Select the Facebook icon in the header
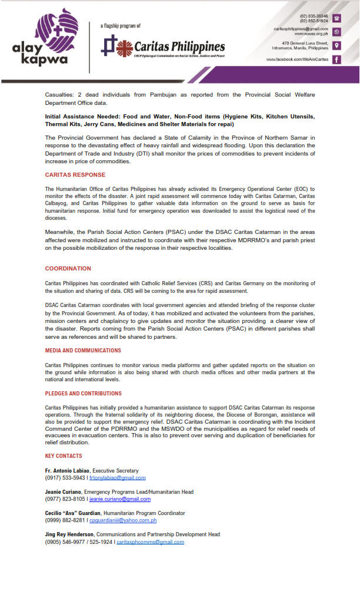click(x=336, y=60)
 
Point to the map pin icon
click(x=336, y=45)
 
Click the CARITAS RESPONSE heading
click(x=75, y=175)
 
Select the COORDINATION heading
click(x=68, y=269)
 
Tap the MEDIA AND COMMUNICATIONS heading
click(x=83, y=351)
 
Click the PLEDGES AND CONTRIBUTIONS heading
click(x=84, y=393)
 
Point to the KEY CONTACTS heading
click(x=64, y=456)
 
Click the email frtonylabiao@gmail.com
click(x=118, y=478)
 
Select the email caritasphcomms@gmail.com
click(x=150, y=542)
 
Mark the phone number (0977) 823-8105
click(x=65, y=499)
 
